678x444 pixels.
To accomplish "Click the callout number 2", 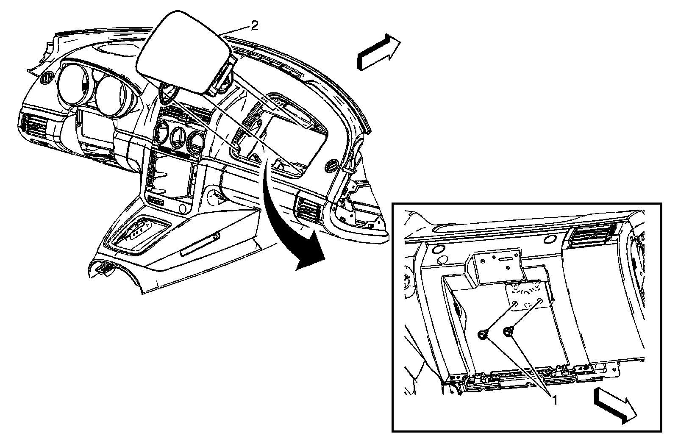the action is [254, 26].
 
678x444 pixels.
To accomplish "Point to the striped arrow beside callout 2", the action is [378, 52].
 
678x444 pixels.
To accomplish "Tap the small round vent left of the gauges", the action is [47, 78].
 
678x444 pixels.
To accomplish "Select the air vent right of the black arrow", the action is [308, 210].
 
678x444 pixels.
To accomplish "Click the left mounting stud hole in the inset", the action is [514, 303].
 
